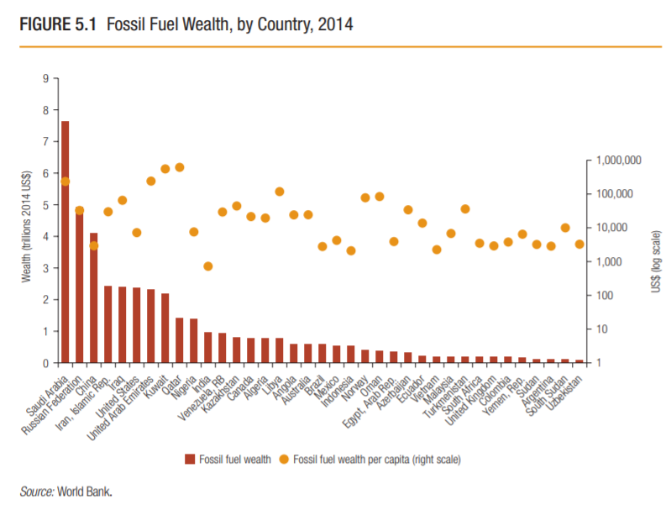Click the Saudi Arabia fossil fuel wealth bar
(x=65, y=244)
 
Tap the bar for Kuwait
(x=165, y=329)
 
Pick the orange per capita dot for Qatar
(x=179, y=167)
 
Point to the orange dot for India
(x=207, y=266)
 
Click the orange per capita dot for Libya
(x=280, y=192)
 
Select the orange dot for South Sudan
(x=565, y=228)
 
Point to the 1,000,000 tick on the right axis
(x=617, y=160)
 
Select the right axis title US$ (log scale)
(x=654, y=260)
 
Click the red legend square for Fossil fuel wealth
(x=190, y=459)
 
